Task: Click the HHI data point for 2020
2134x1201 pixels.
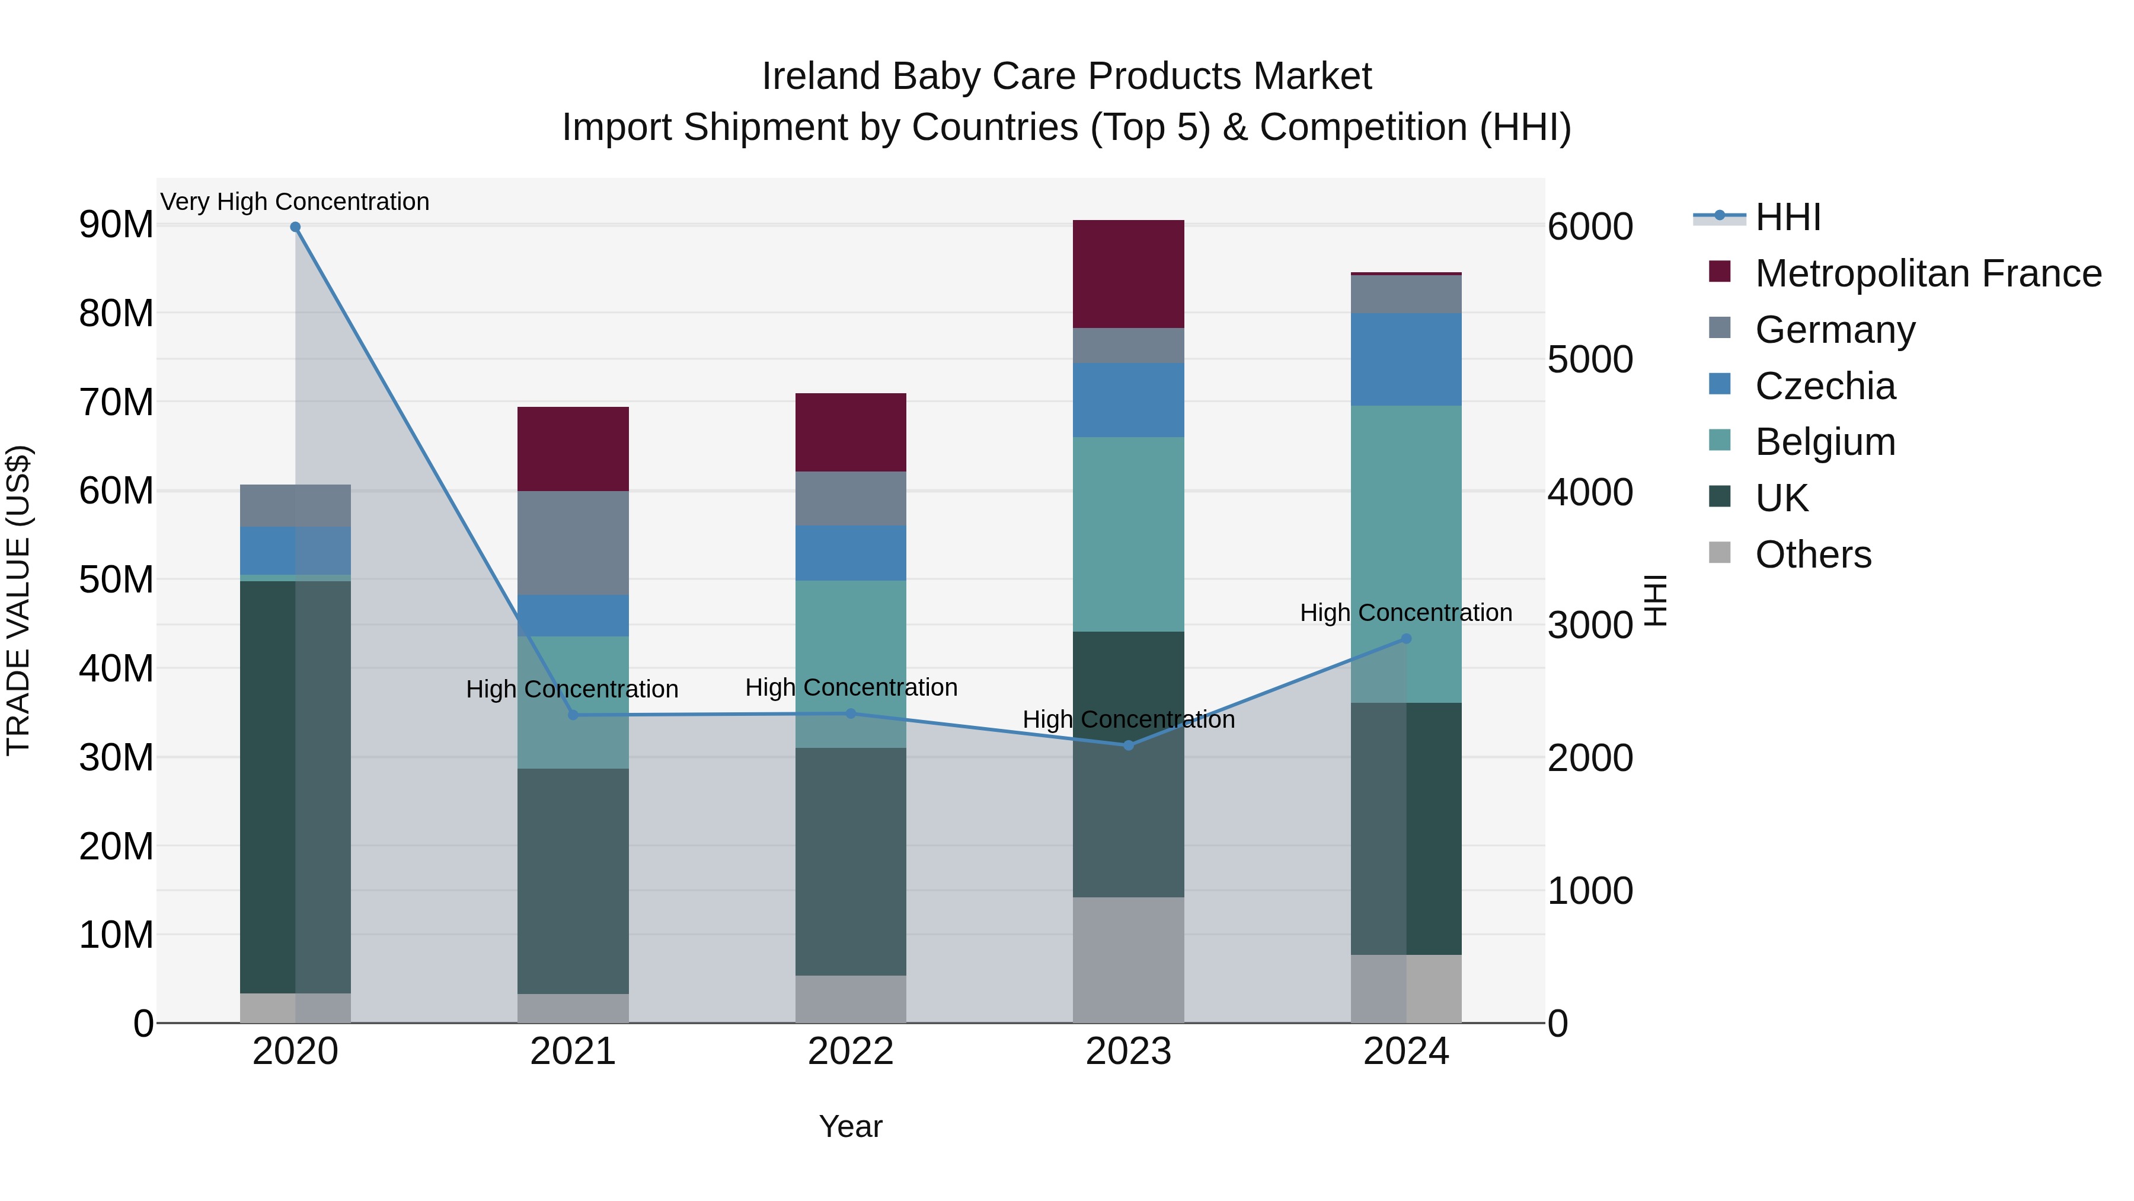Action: pyautogui.click(x=295, y=227)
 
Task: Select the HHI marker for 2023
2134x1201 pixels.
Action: pyautogui.click(x=1128, y=745)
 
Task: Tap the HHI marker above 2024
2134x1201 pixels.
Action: pyautogui.click(x=1406, y=639)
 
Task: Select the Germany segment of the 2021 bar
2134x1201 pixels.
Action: pyautogui.click(x=573, y=543)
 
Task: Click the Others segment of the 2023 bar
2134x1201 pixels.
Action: pyautogui.click(x=1128, y=960)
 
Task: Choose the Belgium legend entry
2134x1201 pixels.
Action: pyautogui.click(x=1825, y=442)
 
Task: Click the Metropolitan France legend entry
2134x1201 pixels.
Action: pyautogui.click(x=1928, y=273)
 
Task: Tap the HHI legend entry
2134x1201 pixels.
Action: pyautogui.click(x=1788, y=217)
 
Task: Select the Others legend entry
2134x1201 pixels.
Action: pyautogui.click(x=1813, y=555)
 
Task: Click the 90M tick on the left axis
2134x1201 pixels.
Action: pyautogui.click(x=116, y=225)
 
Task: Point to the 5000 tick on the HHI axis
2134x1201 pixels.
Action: pyautogui.click(x=1590, y=360)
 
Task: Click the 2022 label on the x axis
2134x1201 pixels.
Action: pyautogui.click(x=851, y=1052)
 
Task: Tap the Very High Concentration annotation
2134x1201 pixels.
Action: pyautogui.click(x=295, y=202)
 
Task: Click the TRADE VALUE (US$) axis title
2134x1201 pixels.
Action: pyautogui.click(x=18, y=600)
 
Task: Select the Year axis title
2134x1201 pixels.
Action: pyautogui.click(x=851, y=1126)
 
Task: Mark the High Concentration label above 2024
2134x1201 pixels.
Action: pyautogui.click(x=1406, y=613)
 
